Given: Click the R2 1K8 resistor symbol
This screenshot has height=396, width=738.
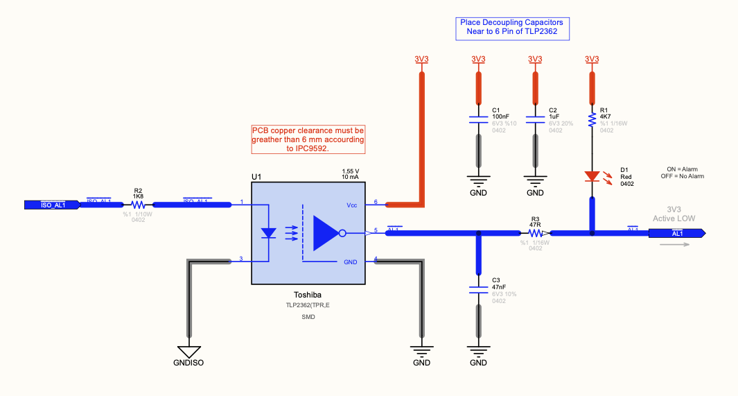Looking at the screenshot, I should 138,205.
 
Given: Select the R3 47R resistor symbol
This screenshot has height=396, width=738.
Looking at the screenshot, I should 536,234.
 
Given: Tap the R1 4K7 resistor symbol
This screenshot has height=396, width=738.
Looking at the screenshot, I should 592,121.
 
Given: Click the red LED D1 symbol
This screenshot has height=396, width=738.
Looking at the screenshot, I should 592,176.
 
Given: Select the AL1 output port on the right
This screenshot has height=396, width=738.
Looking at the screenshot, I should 676,234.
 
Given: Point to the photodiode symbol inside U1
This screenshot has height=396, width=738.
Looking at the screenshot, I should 269,233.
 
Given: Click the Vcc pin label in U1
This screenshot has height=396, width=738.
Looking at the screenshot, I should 352,205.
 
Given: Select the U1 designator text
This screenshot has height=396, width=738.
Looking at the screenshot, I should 256,178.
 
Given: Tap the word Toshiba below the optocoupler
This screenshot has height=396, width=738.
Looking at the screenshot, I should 308,294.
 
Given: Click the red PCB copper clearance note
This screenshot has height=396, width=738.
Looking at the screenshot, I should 308,139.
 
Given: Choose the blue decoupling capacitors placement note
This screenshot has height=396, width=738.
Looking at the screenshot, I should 511,28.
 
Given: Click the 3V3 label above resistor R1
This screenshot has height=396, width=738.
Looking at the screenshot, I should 592,59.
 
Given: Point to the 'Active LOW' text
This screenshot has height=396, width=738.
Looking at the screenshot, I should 674,218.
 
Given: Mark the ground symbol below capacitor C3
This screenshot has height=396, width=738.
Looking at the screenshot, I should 478,351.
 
